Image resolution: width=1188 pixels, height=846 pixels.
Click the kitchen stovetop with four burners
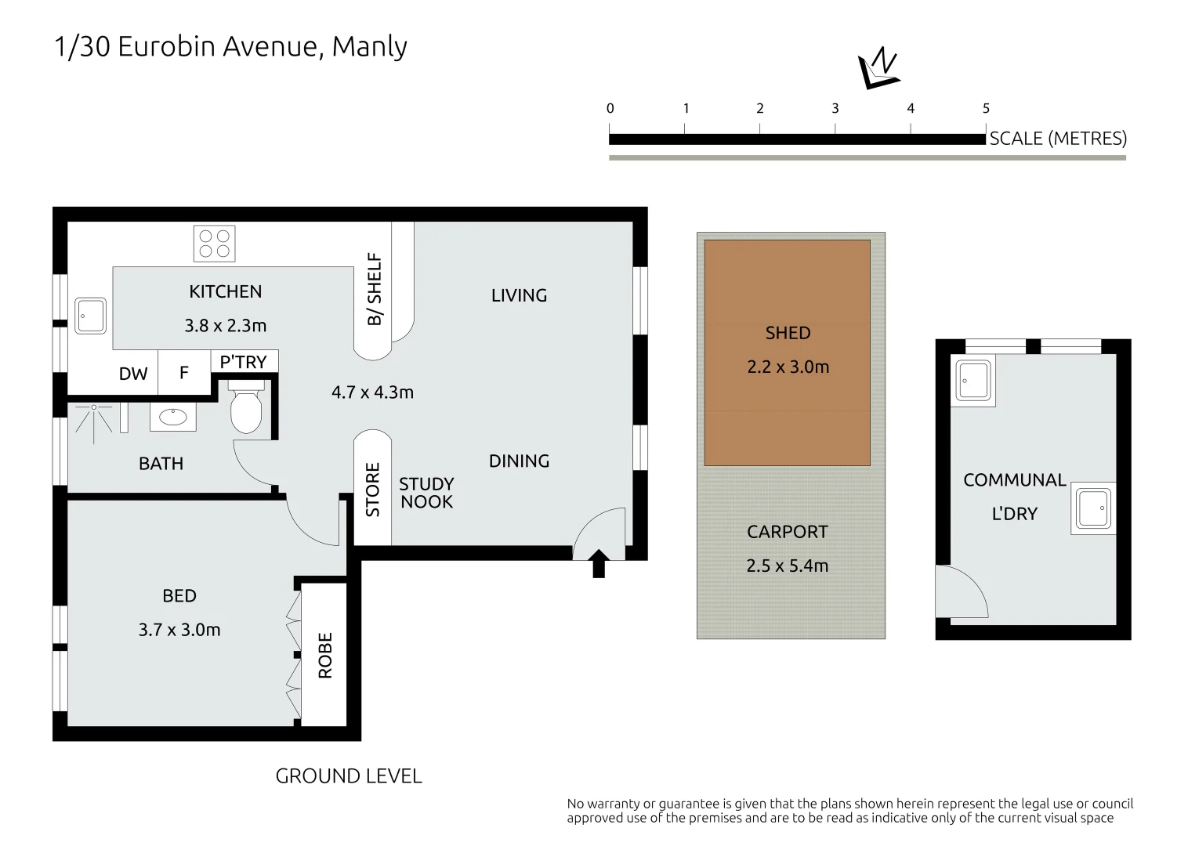(214, 244)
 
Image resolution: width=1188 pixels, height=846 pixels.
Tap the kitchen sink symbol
(90, 316)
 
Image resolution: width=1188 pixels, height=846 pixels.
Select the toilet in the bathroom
(246, 407)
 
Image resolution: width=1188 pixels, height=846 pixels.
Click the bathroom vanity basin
(173, 417)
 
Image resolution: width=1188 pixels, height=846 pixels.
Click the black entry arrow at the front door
(599, 563)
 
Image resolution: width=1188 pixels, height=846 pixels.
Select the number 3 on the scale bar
(835, 109)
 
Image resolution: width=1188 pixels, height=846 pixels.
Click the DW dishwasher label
(133, 374)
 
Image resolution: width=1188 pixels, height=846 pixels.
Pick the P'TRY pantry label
(243, 362)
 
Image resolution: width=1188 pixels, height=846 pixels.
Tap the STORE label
(373, 490)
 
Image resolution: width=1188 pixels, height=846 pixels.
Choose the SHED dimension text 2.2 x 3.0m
(788, 367)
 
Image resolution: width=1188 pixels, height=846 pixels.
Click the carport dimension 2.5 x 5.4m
(788, 566)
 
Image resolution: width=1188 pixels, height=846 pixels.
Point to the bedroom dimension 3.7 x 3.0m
(179, 630)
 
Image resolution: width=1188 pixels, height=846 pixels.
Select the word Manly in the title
(370, 47)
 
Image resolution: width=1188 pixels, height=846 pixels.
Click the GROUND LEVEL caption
(349, 776)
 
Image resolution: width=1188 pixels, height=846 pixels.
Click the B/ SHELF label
(375, 289)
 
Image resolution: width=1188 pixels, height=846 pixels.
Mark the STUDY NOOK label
(427, 493)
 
